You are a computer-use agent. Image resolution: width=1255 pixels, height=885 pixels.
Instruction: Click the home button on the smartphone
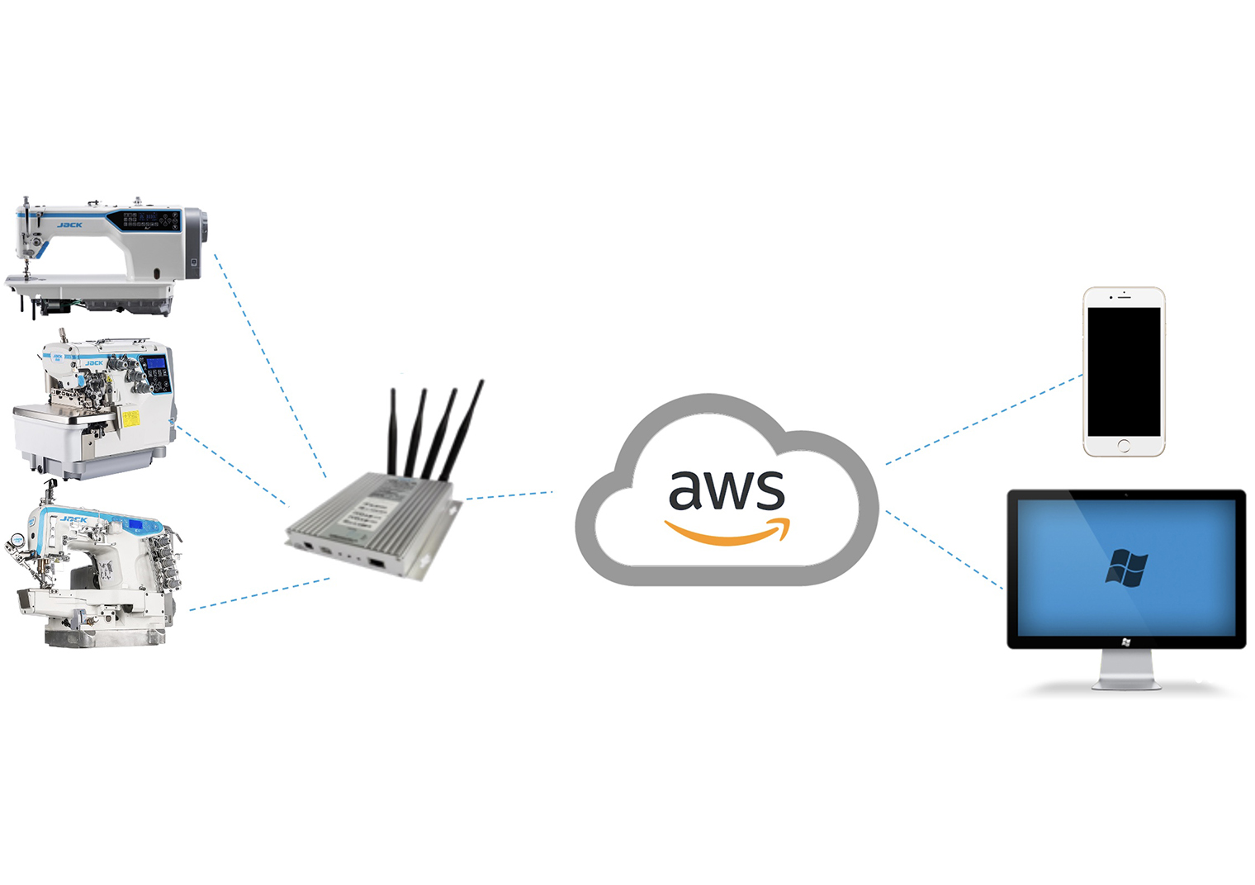(x=1124, y=446)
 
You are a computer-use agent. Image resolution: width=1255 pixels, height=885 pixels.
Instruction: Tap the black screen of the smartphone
(x=1124, y=371)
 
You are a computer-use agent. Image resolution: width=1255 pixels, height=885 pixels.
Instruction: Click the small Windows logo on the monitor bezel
(x=1126, y=641)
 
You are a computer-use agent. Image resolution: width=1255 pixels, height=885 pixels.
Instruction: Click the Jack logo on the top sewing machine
(x=69, y=225)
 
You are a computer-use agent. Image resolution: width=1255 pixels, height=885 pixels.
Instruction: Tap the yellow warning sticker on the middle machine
(x=131, y=418)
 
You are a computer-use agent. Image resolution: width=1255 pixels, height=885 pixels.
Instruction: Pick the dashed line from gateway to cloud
(x=508, y=495)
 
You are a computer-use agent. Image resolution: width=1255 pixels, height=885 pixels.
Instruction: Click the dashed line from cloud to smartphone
(x=983, y=419)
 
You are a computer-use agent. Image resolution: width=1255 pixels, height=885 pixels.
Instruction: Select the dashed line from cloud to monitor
(x=945, y=550)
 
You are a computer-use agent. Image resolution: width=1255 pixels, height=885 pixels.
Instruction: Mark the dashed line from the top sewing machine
(x=269, y=363)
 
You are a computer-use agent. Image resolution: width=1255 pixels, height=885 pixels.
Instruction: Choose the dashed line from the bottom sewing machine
(x=259, y=594)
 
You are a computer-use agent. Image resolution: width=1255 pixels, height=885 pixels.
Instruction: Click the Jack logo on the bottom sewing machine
(x=73, y=519)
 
